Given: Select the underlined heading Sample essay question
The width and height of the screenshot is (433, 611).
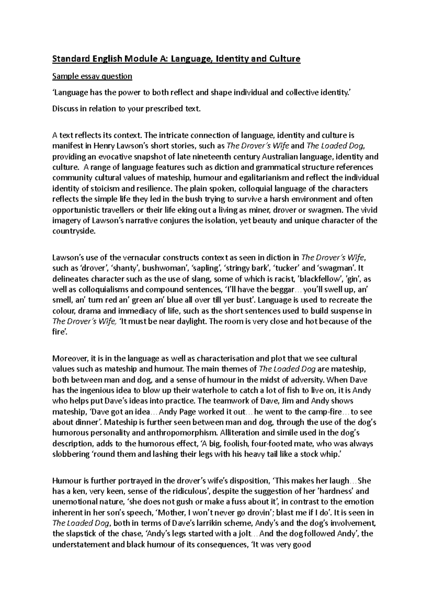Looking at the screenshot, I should [x=92, y=76].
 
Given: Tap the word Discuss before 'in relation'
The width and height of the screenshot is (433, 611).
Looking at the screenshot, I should [x=65, y=109].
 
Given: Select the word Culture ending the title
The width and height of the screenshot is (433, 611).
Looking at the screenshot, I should [x=283, y=59].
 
